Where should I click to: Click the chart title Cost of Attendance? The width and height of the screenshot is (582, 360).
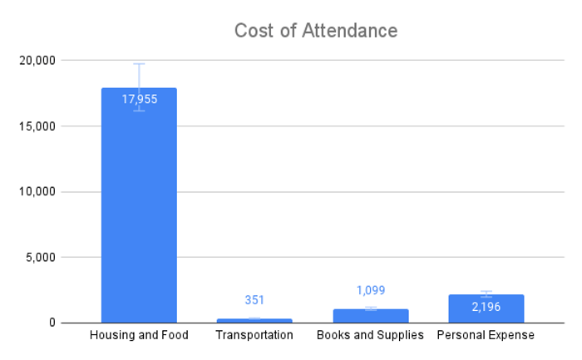[315, 31]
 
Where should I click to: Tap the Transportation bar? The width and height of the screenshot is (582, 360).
[254, 320]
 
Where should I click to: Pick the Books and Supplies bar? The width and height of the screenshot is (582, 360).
[370, 316]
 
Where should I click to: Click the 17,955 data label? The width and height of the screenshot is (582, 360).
[139, 99]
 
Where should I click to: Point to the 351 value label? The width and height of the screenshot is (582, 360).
[254, 300]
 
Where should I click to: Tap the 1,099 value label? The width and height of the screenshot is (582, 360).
[370, 290]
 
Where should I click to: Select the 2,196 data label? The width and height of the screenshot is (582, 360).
[486, 307]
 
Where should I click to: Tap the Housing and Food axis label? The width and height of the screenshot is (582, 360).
[139, 335]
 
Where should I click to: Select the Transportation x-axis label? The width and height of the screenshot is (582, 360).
[254, 335]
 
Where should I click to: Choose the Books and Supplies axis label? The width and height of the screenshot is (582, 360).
[370, 335]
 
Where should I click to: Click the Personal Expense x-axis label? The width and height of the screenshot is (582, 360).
[486, 335]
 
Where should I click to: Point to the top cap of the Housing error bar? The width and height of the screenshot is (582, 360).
[139, 64]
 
